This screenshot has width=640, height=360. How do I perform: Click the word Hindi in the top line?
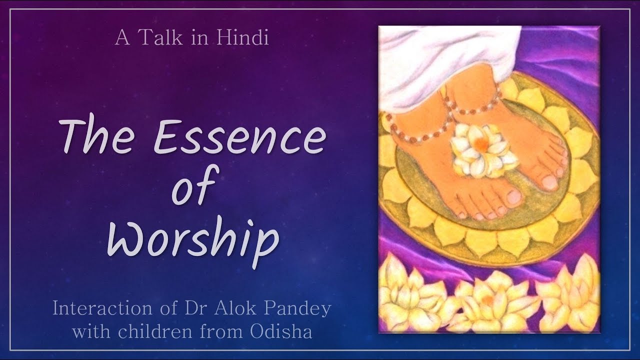pyautogui.click(x=242, y=37)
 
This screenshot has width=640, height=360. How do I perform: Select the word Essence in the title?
pyautogui.click(x=239, y=137)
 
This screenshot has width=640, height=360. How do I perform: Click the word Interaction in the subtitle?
pyautogui.click(x=102, y=308)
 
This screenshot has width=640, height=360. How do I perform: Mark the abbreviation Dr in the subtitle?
pyautogui.click(x=196, y=308)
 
